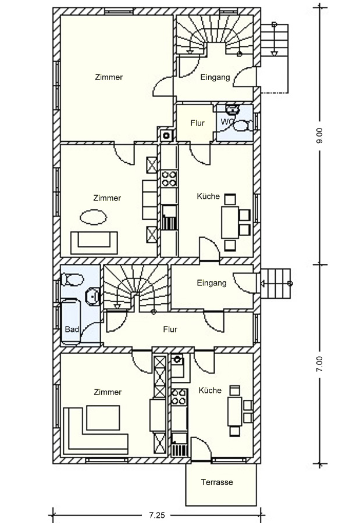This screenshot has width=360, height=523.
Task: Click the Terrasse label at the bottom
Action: [x=217, y=482]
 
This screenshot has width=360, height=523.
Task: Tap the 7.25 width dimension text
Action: [x=156, y=515]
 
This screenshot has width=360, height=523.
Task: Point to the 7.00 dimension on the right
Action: [x=320, y=364]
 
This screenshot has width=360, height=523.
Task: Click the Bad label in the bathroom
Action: [x=72, y=329]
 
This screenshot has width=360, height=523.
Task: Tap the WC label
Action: [x=226, y=122]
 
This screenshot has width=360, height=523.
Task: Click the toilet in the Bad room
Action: [x=72, y=280]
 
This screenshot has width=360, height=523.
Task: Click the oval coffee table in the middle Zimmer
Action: [x=94, y=217]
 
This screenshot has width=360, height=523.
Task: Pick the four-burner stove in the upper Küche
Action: [x=169, y=178]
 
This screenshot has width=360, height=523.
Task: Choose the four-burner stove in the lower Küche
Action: [x=179, y=396]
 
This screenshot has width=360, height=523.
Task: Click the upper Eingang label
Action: [x=215, y=77]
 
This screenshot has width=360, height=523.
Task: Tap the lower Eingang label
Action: [x=212, y=283]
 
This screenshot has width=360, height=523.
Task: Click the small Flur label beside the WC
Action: [x=197, y=123]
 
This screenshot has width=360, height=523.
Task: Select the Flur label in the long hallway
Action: [x=170, y=329]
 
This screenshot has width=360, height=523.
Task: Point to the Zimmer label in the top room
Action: [x=109, y=77]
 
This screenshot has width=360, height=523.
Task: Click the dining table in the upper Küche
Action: [x=230, y=222]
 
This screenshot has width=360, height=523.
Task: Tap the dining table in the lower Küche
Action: [x=235, y=411]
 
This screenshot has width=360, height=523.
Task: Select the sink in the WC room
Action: [x=232, y=109]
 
